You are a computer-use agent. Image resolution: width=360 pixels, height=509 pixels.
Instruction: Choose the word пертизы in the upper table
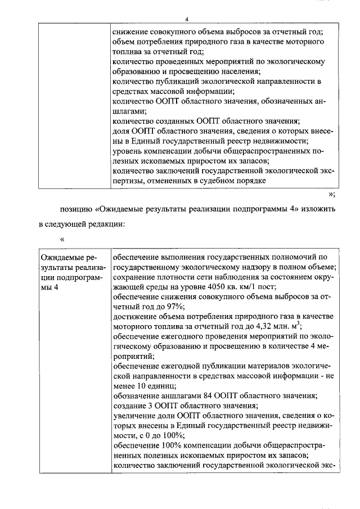[x=128, y=181]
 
